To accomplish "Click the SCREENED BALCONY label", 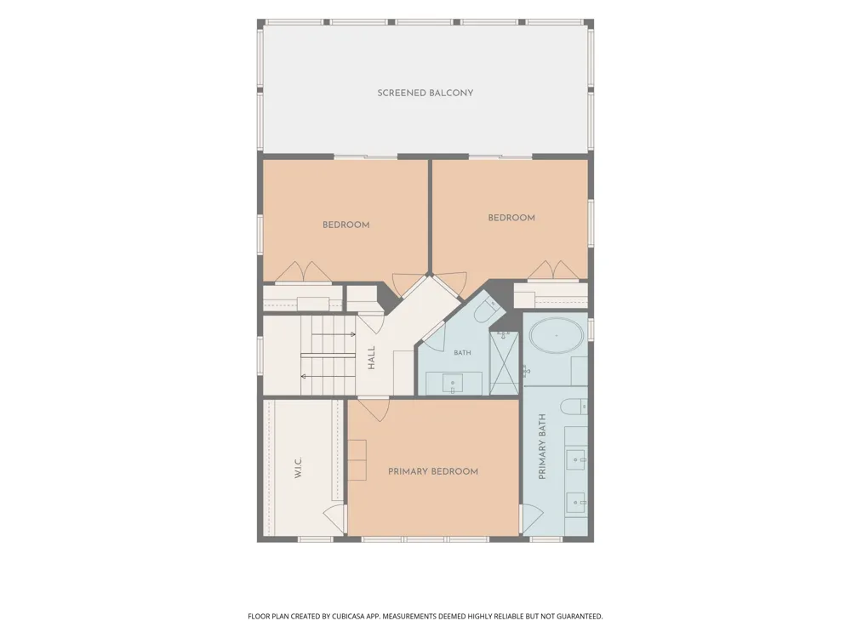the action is pyautogui.click(x=425, y=93).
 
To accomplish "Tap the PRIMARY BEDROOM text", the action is pyautogui.click(x=433, y=471).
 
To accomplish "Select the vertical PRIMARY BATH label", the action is pyautogui.click(x=541, y=447).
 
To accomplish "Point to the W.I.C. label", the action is pyautogui.click(x=298, y=468).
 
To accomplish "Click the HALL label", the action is pyautogui.click(x=371, y=358).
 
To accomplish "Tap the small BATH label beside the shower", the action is pyautogui.click(x=462, y=353).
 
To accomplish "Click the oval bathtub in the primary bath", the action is pyautogui.click(x=557, y=336).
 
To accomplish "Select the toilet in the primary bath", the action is pyautogui.click(x=574, y=407).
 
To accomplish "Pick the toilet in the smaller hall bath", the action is pyautogui.click(x=485, y=310).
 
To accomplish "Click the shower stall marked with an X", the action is pyautogui.click(x=504, y=362).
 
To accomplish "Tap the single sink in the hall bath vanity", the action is pyautogui.click(x=453, y=385).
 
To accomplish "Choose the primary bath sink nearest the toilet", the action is pyautogui.click(x=576, y=460).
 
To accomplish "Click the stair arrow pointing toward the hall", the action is pyautogui.click(x=334, y=334).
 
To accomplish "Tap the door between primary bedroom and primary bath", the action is pyautogui.click(x=532, y=519).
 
